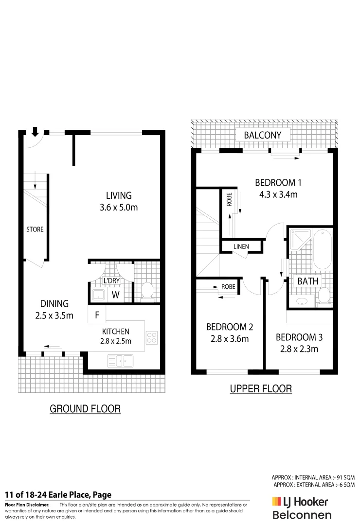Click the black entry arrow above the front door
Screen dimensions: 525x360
point(35,131)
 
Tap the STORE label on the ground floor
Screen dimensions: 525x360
point(35,229)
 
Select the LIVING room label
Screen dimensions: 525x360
point(119,195)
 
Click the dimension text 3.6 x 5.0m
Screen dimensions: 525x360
point(119,208)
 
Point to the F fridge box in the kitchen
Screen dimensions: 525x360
point(97,315)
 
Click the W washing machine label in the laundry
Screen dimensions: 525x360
point(116,294)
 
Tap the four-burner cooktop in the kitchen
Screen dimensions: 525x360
point(152,336)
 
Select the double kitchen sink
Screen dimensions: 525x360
point(120,361)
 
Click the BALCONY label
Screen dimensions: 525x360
point(263,135)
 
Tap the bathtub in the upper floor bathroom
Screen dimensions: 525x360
point(322,250)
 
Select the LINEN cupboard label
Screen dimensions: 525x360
point(241,246)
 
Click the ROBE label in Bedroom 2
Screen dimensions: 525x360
point(228,287)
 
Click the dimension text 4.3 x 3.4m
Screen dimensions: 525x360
point(279,194)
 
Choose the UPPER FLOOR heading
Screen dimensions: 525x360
point(261,388)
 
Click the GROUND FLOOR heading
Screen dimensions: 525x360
point(85,409)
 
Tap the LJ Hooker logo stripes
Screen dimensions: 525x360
point(277,501)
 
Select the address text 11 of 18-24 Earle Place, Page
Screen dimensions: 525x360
point(58,495)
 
